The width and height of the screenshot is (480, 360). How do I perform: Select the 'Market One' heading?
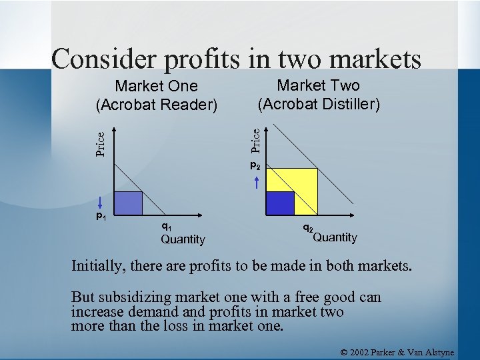coord(157,86)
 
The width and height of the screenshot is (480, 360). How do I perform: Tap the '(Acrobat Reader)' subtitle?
coord(157,105)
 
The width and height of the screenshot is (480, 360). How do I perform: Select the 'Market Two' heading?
coord(318,85)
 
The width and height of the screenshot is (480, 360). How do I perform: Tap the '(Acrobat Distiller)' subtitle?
coord(319,104)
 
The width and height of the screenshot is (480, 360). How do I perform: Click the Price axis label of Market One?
coord(100,143)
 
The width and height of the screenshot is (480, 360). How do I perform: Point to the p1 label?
coord(100,216)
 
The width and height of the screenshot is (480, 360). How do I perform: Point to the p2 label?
coord(255,165)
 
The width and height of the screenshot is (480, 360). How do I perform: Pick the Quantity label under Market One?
coord(183,239)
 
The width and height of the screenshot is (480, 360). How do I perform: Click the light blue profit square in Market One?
coord(130,203)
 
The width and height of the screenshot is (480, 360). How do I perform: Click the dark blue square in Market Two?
coord(280,203)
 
